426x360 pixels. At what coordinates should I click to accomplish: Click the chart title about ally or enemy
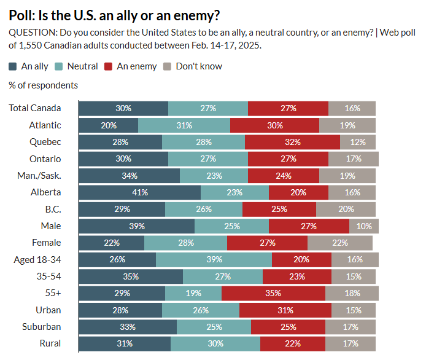115,15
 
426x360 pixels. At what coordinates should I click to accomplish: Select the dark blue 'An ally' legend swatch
14,66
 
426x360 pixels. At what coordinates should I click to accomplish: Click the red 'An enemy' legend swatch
109,66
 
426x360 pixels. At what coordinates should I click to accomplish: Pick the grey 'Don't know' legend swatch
168,66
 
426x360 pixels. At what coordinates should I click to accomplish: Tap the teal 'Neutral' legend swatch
60,66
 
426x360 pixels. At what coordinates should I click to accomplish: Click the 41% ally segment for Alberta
140,192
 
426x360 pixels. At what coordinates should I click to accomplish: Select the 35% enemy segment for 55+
273,293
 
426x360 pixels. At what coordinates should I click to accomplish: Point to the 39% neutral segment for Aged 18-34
214,259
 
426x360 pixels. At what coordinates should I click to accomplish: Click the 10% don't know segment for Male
363,226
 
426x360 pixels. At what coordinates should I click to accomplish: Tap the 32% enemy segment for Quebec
292,142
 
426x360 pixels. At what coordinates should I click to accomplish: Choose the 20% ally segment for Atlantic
109,125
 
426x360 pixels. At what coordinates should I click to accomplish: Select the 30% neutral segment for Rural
215,343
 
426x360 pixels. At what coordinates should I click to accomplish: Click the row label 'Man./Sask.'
39,176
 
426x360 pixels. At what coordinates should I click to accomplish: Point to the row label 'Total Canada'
35,108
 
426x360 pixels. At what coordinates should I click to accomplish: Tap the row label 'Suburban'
42,326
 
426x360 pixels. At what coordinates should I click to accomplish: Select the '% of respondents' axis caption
44,85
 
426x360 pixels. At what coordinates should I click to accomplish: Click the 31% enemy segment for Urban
285,310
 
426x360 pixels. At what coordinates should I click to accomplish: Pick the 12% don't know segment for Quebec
358,142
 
